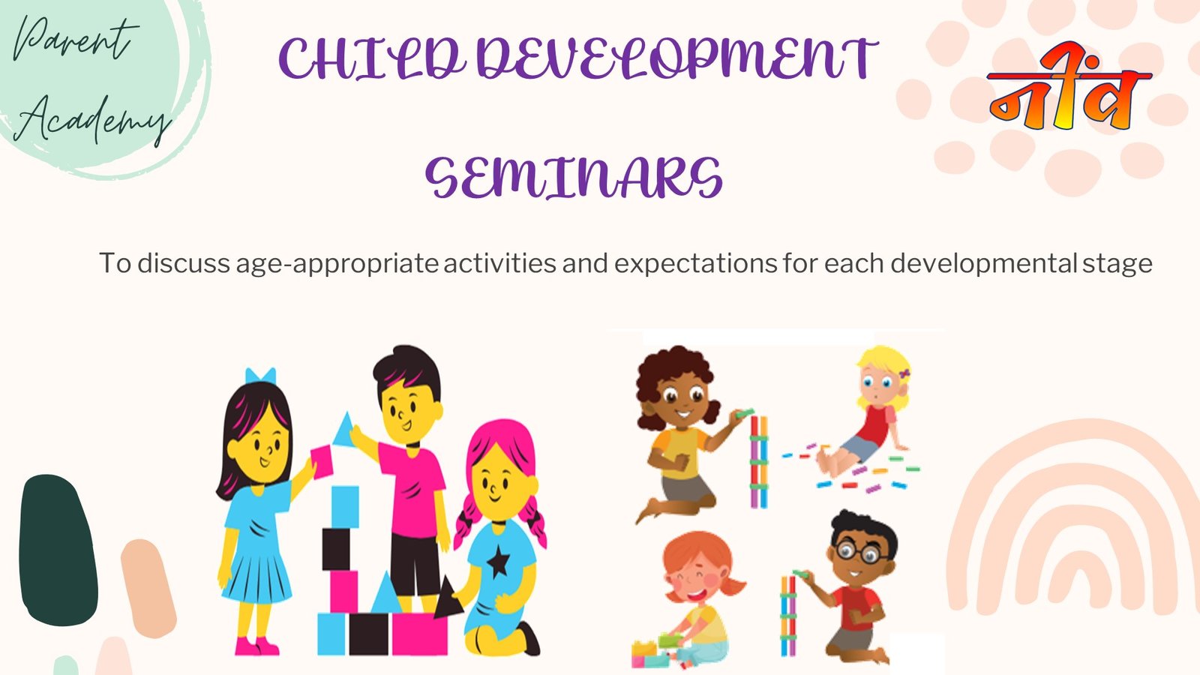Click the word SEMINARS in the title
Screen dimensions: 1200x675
point(574,178)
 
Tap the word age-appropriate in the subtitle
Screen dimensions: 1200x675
point(337,263)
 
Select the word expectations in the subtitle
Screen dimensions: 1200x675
point(695,263)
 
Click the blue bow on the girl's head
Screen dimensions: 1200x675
point(260,375)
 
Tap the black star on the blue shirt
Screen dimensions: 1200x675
point(498,562)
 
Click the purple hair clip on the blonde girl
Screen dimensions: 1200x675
point(904,373)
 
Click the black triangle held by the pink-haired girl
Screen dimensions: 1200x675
point(447,599)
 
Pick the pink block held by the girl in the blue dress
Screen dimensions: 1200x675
point(322,462)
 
